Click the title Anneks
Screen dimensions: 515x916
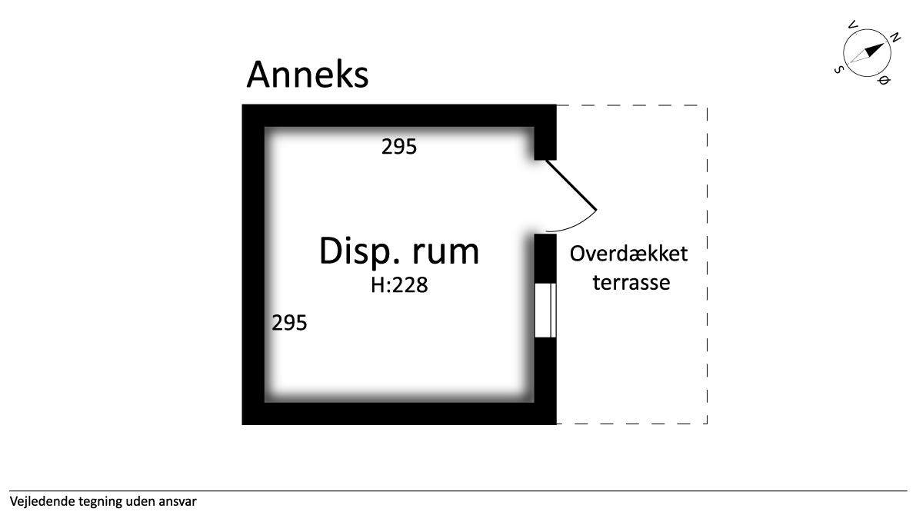(x=308, y=75)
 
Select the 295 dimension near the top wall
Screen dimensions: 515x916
(x=399, y=146)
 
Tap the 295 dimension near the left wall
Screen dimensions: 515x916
(x=289, y=323)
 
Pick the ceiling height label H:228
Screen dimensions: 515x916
(x=399, y=286)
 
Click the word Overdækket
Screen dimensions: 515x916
(x=628, y=254)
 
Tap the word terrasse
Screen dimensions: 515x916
(x=630, y=282)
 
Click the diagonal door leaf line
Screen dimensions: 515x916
(x=571, y=185)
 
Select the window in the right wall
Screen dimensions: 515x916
(x=545, y=310)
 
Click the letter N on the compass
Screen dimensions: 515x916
(x=894, y=37)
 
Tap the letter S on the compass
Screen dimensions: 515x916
(x=838, y=69)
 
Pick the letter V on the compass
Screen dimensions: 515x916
(x=851, y=25)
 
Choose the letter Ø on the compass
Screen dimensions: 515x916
(x=884, y=80)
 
